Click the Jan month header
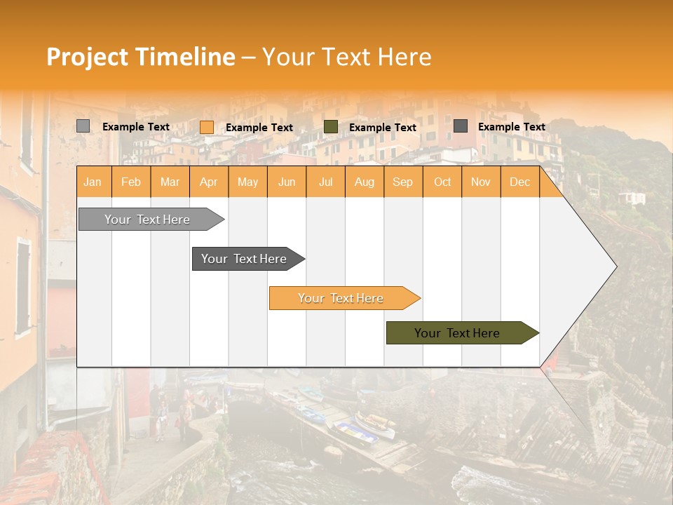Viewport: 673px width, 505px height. click(x=93, y=182)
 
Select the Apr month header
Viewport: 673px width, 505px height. click(x=208, y=182)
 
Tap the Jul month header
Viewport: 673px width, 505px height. click(x=325, y=182)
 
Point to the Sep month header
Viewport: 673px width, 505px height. click(x=402, y=182)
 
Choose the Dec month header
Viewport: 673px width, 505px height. click(x=519, y=182)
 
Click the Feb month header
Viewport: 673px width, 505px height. click(x=131, y=182)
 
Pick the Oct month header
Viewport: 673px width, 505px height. click(x=442, y=182)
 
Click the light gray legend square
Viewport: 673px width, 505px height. click(x=83, y=126)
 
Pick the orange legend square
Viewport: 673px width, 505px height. click(x=206, y=127)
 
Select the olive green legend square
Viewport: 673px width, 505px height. click(x=331, y=127)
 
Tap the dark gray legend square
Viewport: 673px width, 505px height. click(x=461, y=126)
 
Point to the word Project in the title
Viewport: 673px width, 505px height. click(x=87, y=57)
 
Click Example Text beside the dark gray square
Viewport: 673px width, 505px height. click(x=511, y=127)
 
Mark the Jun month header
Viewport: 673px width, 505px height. click(x=287, y=182)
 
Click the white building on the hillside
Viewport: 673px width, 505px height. click(x=633, y=198)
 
